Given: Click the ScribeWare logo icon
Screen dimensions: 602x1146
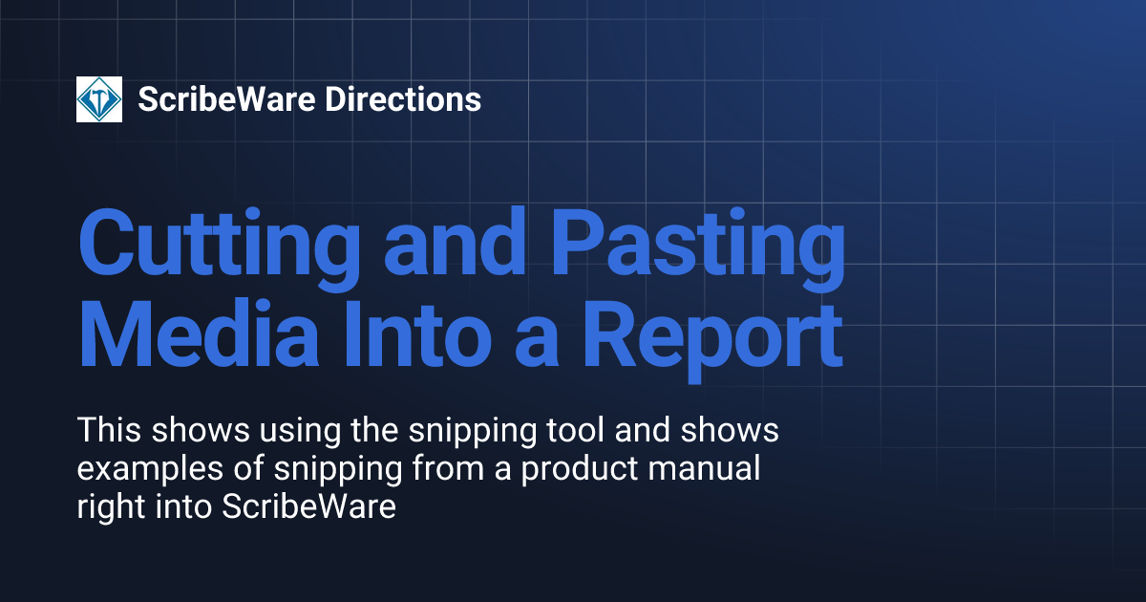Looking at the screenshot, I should pyautogui.click(x=99, y=99).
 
